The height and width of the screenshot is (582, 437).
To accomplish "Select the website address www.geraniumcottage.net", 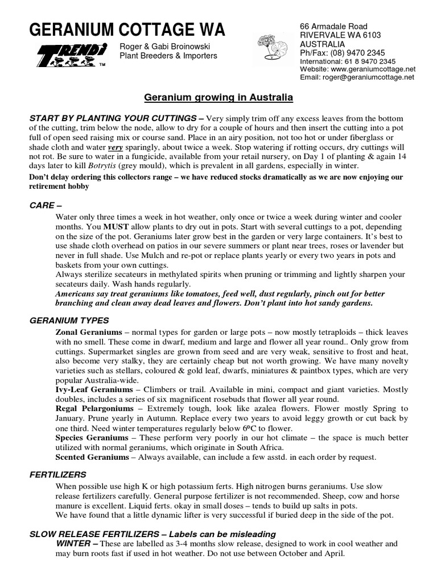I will pos(373,69).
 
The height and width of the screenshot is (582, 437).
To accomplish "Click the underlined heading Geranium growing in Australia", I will pos(218,98).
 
